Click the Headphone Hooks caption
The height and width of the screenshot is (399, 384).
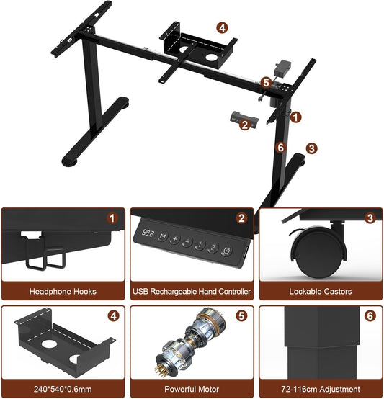point(63,291)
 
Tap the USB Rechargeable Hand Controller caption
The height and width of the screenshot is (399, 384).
point(192,291)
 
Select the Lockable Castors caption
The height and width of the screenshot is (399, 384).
point(321,291)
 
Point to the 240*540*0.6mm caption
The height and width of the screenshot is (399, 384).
point(63,389)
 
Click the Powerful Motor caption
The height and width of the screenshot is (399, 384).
point(192,389)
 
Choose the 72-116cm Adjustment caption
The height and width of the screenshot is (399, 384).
point(321,389)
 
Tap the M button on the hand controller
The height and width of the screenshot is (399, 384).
point(163,236)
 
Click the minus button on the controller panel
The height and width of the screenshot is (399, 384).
point(187,241)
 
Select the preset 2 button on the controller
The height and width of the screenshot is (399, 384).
point(213,247)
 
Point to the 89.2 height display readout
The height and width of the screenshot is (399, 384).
point(148,233)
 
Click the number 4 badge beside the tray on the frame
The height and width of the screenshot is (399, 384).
point(222,28)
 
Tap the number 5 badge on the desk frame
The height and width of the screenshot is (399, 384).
point(266,83)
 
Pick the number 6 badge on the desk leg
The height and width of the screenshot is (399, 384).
point(280,148)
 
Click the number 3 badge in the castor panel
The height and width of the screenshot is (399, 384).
point(370,218)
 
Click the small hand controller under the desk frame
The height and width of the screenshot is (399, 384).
point(244,120)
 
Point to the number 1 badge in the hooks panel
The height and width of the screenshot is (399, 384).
point(112,218)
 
